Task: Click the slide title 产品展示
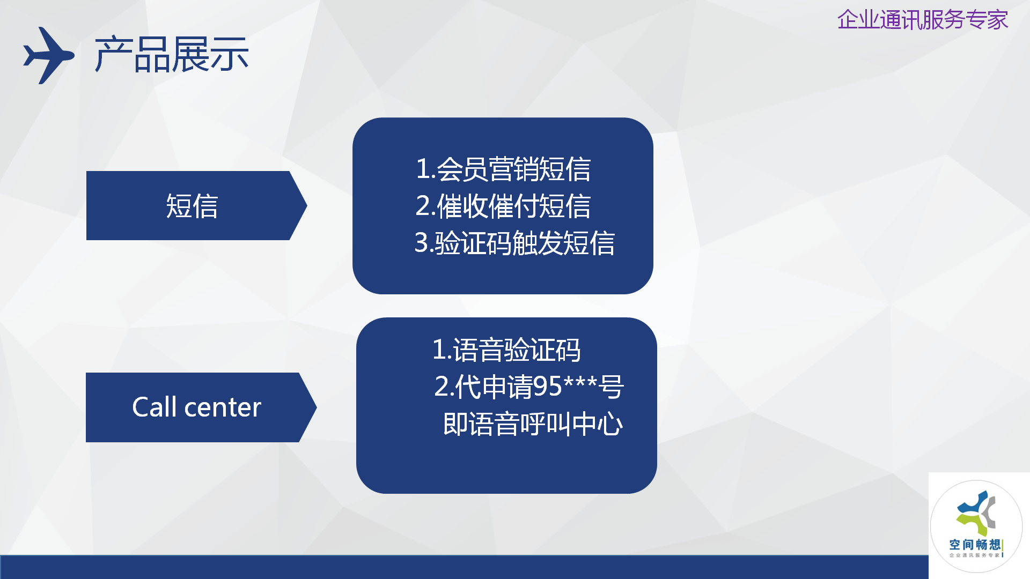click(172, 55)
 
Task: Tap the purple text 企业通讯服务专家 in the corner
click(923, 20)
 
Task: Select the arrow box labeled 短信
click(196, 205)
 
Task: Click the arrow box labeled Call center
click(201, 407)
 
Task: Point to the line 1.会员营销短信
click(503, 169)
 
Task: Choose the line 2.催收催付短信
click(503, 206)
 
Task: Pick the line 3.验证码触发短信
click(514, 243)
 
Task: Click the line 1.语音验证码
click(506, 350)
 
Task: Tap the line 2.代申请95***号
click(529, 387)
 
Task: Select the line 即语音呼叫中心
click(533, 424)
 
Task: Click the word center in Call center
click(223, 407)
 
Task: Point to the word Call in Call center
click(154, 407)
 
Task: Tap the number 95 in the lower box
click(548, 387)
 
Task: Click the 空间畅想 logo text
click(975, 545)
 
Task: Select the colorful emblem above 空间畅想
click(976, 513)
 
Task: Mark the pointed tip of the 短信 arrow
click(307, 205)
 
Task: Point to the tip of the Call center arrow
click(317, 407)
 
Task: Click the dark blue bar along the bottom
click(464, 567)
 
